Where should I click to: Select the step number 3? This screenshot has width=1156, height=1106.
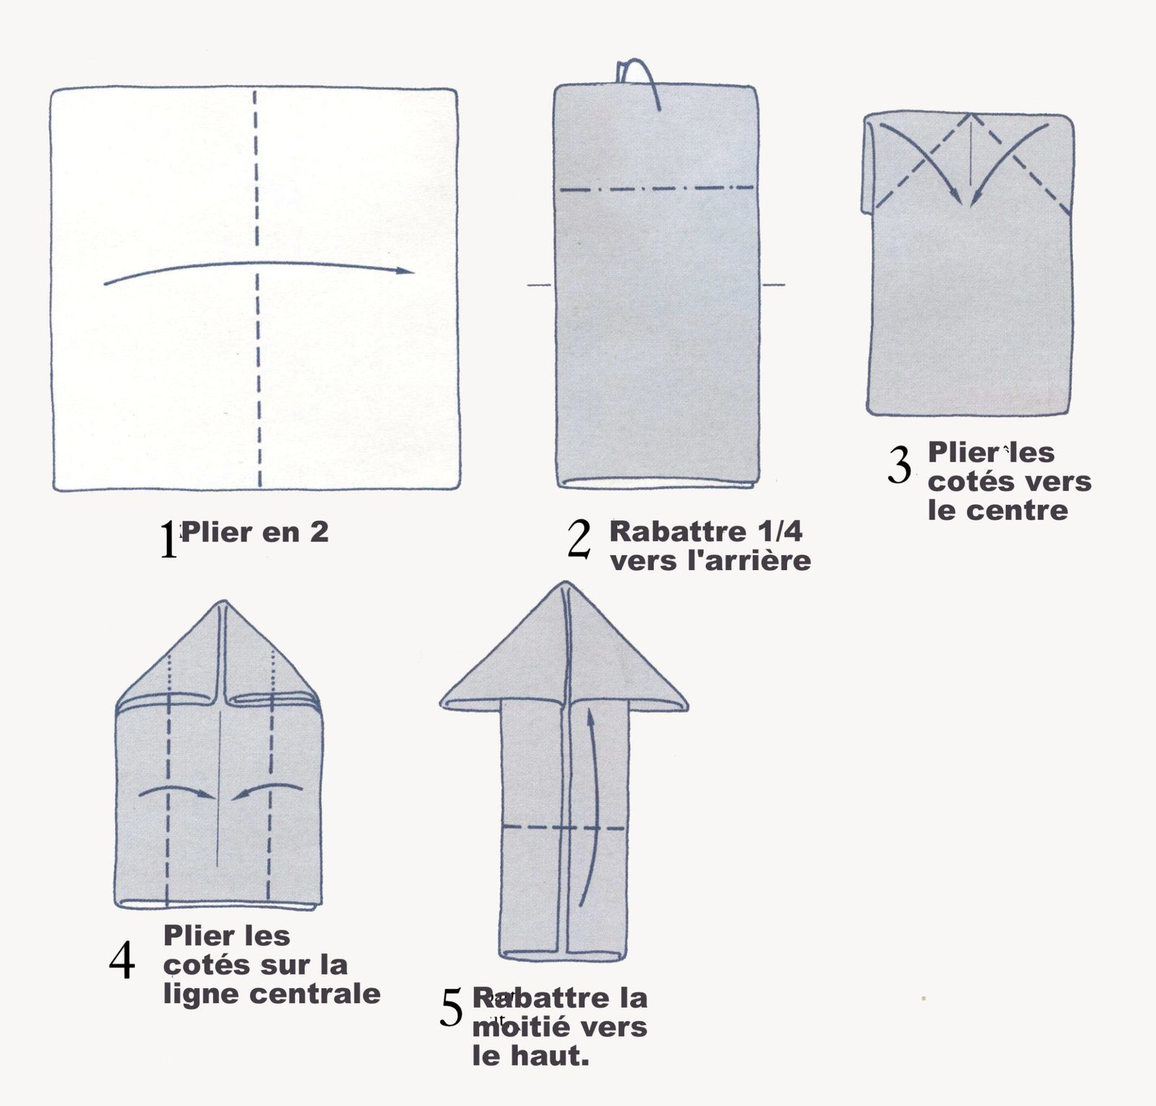[900, 466]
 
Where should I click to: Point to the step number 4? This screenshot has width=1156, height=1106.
[122, 962]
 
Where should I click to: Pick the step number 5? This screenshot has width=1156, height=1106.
[451, 1008]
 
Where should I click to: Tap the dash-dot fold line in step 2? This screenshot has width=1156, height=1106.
[656, 189]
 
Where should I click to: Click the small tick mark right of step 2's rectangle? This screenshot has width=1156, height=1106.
[774, 285]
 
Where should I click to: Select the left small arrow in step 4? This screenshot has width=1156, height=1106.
[178, 791]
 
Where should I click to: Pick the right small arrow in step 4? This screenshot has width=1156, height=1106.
[266, 790]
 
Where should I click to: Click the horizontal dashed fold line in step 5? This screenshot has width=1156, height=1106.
[564, 827]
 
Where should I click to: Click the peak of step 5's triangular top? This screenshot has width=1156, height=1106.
[564, 584]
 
